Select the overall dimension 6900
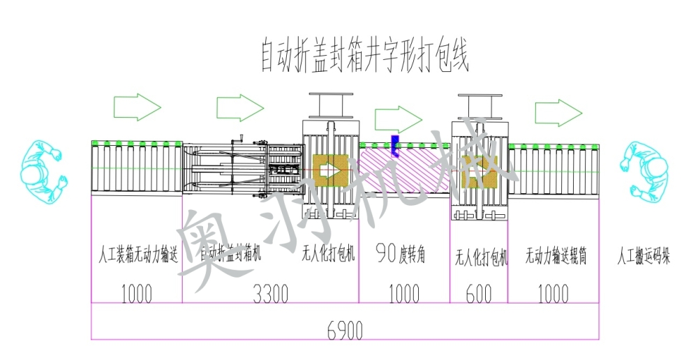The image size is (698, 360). (345, 331)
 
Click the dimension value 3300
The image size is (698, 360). (270, 294)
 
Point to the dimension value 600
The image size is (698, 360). (478, 294)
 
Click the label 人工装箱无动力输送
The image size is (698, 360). (137, 255)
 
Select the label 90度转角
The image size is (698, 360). (404, 252)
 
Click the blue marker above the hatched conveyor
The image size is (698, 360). (394, 143)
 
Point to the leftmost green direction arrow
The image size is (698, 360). (137, 107)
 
